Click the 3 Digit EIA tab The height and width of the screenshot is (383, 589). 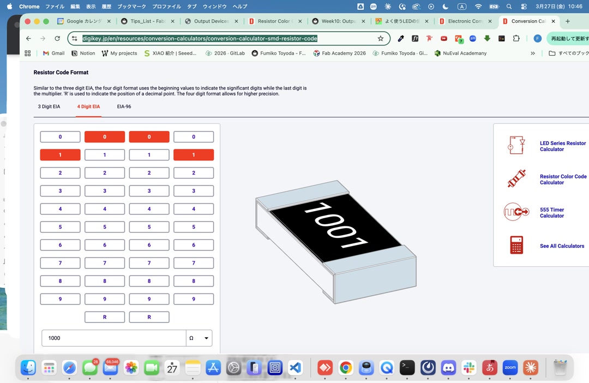(49, 106)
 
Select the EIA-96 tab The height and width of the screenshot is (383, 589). (124, 106)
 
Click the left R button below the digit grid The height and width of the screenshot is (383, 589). (105, 317)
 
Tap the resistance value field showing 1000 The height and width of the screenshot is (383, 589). (113, 338)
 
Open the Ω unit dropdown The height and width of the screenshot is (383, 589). (199, 338)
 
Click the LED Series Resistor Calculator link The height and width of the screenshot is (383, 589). (562, 146)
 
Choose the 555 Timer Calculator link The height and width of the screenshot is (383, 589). (551, 213)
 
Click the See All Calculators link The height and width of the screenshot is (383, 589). (562, 246)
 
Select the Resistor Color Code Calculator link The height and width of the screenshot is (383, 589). (563, 179)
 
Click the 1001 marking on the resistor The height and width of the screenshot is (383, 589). (335, 225)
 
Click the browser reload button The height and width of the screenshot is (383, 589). (57, 39)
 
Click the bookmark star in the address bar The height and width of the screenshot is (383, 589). (381, 39)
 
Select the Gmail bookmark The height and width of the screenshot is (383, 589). (53, 53)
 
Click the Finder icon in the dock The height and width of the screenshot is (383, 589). (28, 368)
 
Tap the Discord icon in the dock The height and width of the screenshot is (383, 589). (448, 368)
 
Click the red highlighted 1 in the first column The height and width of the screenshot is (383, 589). (60, 155)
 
